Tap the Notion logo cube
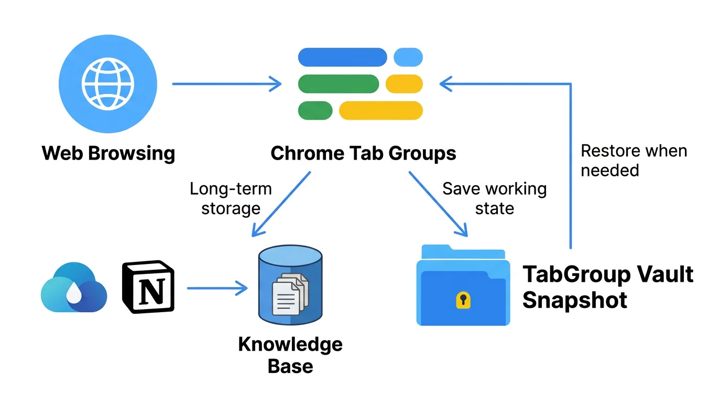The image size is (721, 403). point(148,287)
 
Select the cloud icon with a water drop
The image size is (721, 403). point(74,288)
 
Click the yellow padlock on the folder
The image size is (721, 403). point(463,300)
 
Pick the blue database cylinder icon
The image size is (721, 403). point(290,287)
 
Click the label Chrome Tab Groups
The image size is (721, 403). point(363,154)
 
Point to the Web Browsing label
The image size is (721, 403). point(108,154)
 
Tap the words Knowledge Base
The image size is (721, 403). point(290,355)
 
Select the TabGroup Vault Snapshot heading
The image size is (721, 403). point(608,287)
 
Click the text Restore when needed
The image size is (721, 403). point(633,161)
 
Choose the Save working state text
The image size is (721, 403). point(494,198)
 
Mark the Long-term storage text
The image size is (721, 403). point(231,198)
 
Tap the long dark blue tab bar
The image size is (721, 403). point(342,57)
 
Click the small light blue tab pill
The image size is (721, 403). point(408,57)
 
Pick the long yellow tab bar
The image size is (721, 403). point(381,110)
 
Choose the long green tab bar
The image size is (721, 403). point(338,83)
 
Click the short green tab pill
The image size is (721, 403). point(315,110)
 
